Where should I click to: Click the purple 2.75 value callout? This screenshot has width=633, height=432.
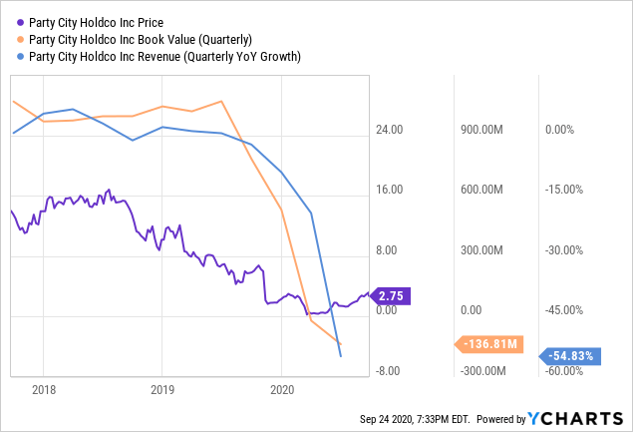click(x=390, y=296)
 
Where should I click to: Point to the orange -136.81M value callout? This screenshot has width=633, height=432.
click(x=488, y=344)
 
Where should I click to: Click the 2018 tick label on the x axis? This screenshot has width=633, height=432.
click(x=43, y=387)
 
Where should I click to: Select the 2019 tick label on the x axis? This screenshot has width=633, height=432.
click(x=161, y=387)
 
